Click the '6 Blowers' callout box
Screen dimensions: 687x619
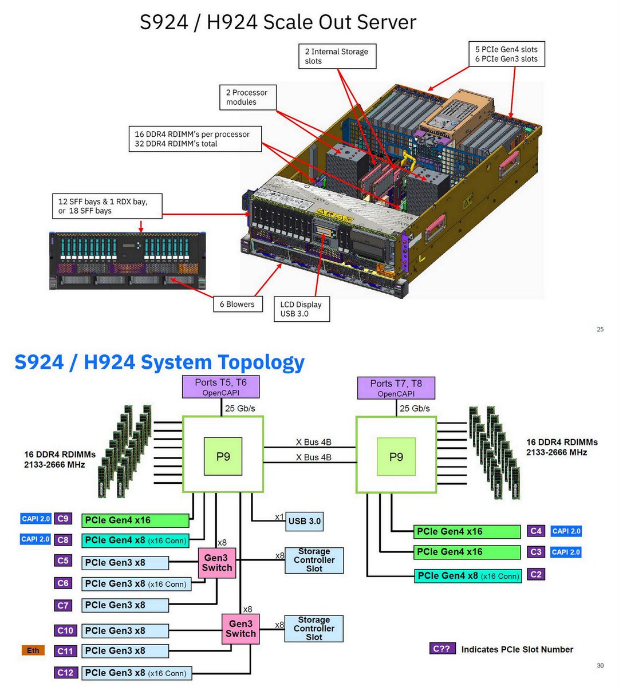pyautogui.click(x=236, y=304)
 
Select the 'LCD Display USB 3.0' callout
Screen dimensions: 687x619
pyautogui.click(x=301, y=309)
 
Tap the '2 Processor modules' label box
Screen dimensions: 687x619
pyautogui.click(x=247, y=97)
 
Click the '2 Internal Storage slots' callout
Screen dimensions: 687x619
pyautogui.click(x=337, y=56)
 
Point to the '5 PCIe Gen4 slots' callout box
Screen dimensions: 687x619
pyautogui.click(x=506, y=54)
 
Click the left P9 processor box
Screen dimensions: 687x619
pyautogui.click(x=223, y=456)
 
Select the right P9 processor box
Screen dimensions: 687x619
pyautogui.click(x=396, y=456)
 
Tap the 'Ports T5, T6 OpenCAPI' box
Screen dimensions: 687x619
pyautogui.click(x=221, y=387)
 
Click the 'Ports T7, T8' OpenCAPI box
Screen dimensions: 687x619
pyautogui.click(x=396, y=388)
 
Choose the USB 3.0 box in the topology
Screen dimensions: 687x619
pyautogui.click(x=305, y=521)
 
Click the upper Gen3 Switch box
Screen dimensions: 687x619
pyautogui.click(x=217, y=563)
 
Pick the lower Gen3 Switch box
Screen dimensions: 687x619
pyautogui.click(x=240, y=629)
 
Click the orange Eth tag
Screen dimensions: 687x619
pyautogui.click(x=33, y=650)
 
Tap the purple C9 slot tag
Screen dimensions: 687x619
pyautogui.click(x=63, y=519)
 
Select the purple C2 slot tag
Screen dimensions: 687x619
pyautogui.click(x=536, y=574)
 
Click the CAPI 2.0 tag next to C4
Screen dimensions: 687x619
pyautogui.click(x=566, y=531)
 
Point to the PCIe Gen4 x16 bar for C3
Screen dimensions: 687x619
pyautogui.click(x=467, y=552)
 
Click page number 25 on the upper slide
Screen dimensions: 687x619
pyautogui.click(x=600, y=329)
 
